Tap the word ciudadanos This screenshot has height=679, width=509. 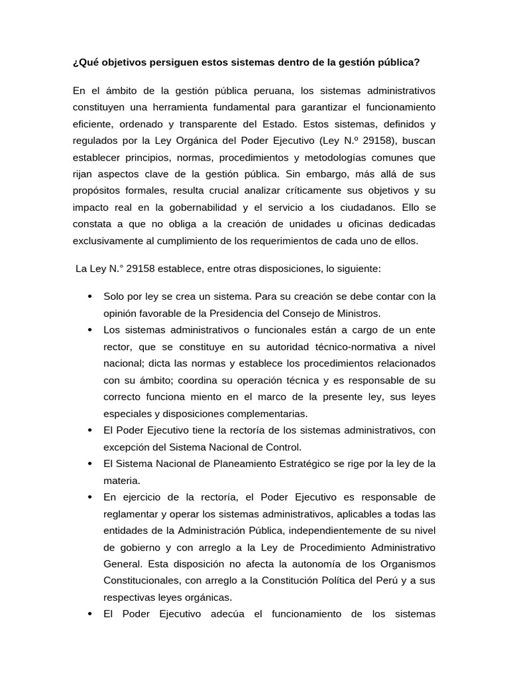370,208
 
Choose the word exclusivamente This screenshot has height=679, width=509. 106,241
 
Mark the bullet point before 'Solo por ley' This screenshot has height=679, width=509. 89,296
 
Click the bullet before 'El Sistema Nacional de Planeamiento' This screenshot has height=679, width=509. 89,463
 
